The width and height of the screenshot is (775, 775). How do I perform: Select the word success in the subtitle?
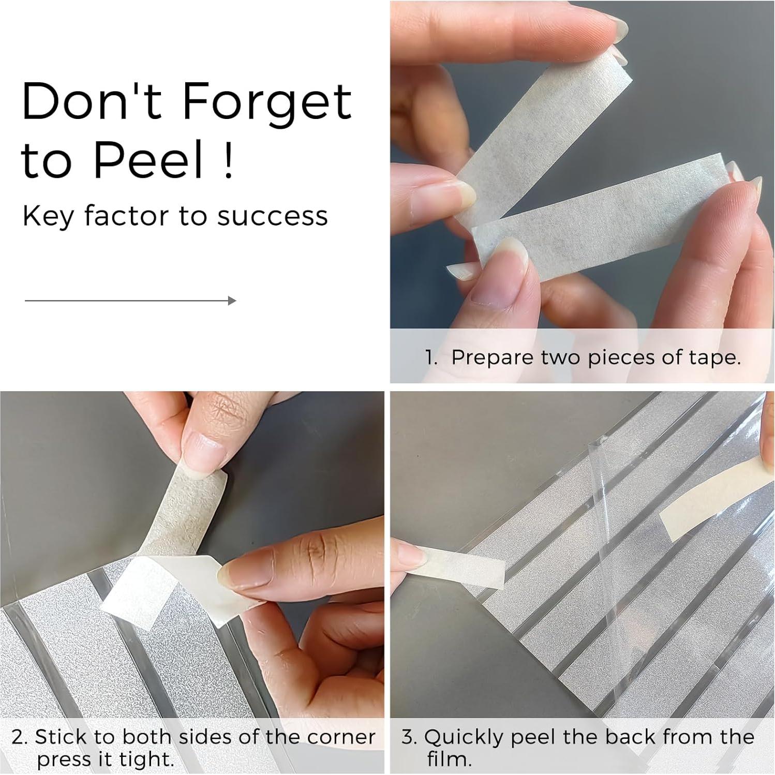pyautogui.click(x=272, y=216)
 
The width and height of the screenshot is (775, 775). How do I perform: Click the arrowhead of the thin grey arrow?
pyautogui.click(x=232, y=301)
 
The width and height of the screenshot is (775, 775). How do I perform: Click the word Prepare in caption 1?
pyautogui.click(x=492, y=358)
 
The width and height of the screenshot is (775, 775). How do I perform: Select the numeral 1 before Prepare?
pyautogui.click(x=429, y=357)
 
